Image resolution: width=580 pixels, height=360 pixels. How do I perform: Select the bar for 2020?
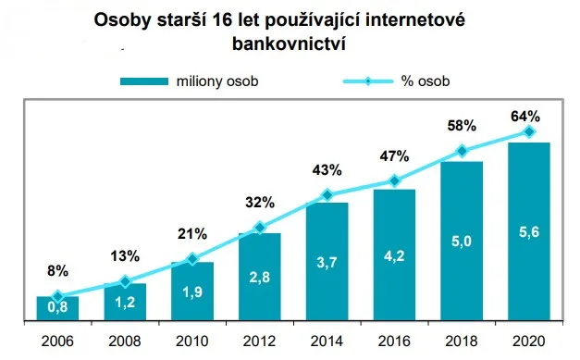[528, 232]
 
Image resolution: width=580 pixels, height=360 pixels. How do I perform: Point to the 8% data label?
[57, 272]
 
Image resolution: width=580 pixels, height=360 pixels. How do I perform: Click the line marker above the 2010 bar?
[192, 260]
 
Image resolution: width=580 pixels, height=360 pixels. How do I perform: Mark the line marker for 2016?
[394, 181]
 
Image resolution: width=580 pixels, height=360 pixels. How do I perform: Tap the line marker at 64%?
[528, 132]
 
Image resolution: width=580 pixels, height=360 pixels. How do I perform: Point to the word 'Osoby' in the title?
[127, 19]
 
